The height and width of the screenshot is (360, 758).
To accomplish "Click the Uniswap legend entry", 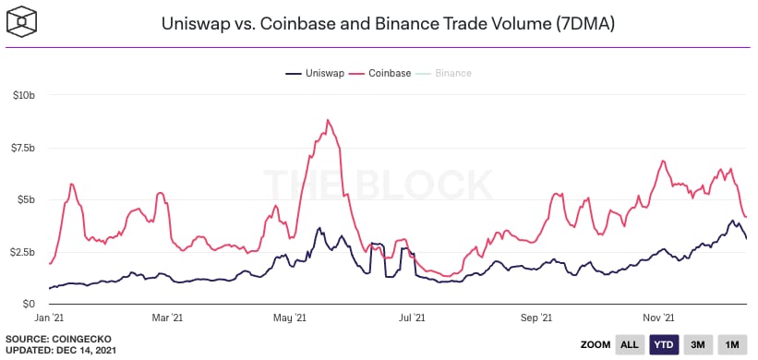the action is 315,74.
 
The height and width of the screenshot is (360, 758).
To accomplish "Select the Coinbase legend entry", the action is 380,74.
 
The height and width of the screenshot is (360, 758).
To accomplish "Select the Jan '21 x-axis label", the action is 49,318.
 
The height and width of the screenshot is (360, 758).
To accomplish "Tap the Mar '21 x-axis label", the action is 168,318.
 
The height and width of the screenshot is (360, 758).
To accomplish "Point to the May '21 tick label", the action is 290,318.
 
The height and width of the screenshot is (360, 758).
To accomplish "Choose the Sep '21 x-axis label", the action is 536,318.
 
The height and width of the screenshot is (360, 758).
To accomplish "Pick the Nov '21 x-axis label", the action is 658,318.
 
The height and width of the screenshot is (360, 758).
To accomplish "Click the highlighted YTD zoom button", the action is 664,344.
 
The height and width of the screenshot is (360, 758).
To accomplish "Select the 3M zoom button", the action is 698,344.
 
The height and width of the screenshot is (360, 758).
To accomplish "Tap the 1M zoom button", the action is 732,344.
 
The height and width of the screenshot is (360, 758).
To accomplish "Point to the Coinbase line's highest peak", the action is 328,120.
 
